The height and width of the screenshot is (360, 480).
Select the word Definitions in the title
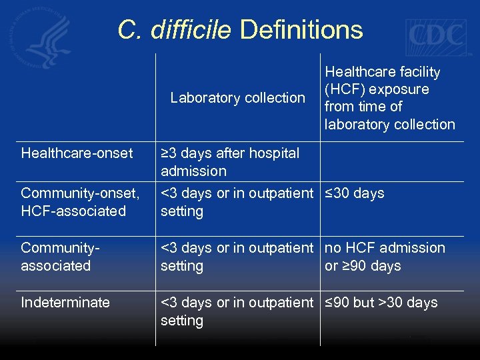pos(301,30)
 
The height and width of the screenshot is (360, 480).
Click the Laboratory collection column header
pos(237,98)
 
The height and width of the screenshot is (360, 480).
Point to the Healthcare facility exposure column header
pos(389,98)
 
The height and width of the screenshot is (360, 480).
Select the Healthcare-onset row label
pos(77,153)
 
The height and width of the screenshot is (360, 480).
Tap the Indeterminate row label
pos(65,303)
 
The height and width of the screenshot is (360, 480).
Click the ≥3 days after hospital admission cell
pos(230,162)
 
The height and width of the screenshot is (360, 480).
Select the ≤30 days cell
pos(354,193)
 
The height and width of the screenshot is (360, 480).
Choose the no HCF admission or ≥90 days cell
pos(385,257)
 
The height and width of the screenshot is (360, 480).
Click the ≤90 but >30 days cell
pos(381,303)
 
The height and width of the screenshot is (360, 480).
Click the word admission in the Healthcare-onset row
pos(193,171)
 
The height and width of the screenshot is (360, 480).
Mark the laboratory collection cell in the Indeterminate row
pos(237,311)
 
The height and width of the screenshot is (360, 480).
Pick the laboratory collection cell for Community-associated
pos(237,257)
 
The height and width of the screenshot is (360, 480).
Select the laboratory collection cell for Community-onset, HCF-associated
pos(237,202)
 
